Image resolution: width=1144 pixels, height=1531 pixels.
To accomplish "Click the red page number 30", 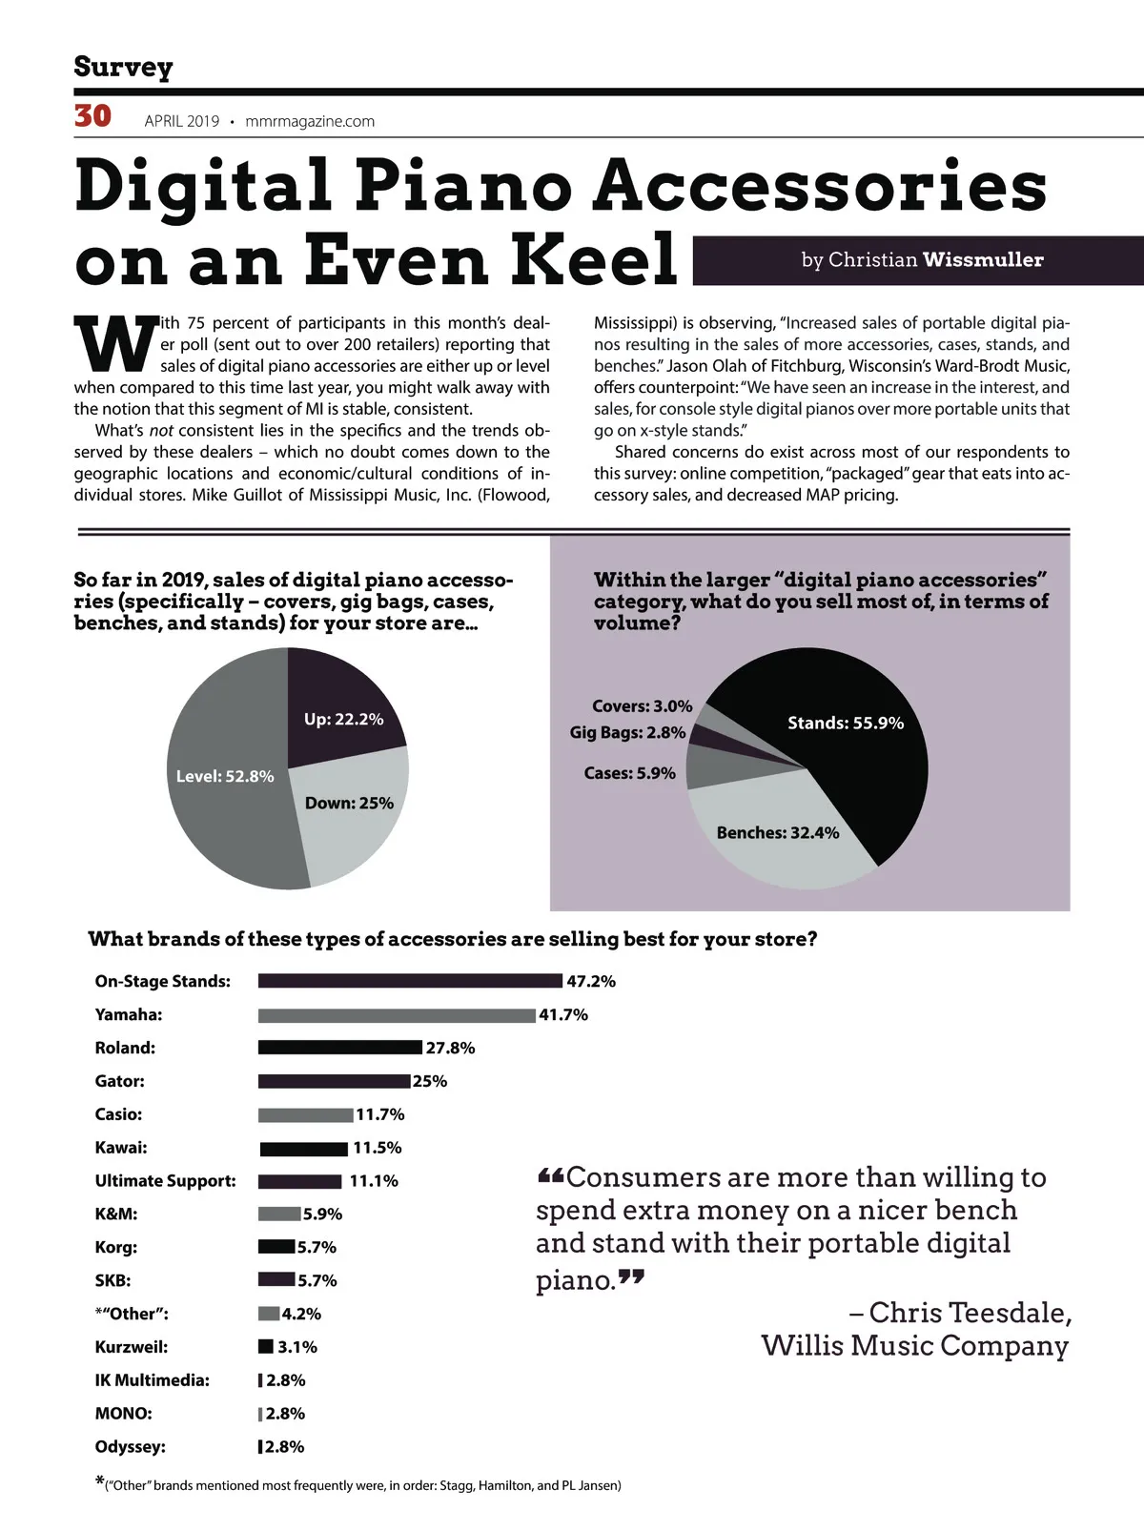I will tap(92, 116).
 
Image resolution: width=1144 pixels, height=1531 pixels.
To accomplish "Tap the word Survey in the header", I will tap(123, 67).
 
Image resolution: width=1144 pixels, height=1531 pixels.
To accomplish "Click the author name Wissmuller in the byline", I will tap(983, 259).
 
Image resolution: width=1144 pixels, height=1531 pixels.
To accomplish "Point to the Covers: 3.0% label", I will tap(642, 706).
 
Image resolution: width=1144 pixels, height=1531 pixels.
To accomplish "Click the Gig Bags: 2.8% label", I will tap(627, 732).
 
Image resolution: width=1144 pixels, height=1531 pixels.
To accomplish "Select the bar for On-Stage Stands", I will tap(410, 981).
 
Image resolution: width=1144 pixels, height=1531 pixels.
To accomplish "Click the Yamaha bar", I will tap(397, 1015).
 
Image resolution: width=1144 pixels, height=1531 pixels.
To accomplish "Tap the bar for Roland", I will tap(339, 1048).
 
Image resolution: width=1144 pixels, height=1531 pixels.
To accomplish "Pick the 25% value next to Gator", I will tap(430, 1081).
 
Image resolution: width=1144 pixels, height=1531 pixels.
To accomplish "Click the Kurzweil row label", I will tap(132, 1347).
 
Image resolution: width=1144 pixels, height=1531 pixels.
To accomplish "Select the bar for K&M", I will tap(279, 1214).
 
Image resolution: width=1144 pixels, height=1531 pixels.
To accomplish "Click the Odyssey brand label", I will tap(130, 1446).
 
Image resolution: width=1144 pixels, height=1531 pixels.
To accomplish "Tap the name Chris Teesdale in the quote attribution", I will tap(970, 1313).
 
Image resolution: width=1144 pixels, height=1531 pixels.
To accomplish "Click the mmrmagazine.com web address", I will tap(310, 121).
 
